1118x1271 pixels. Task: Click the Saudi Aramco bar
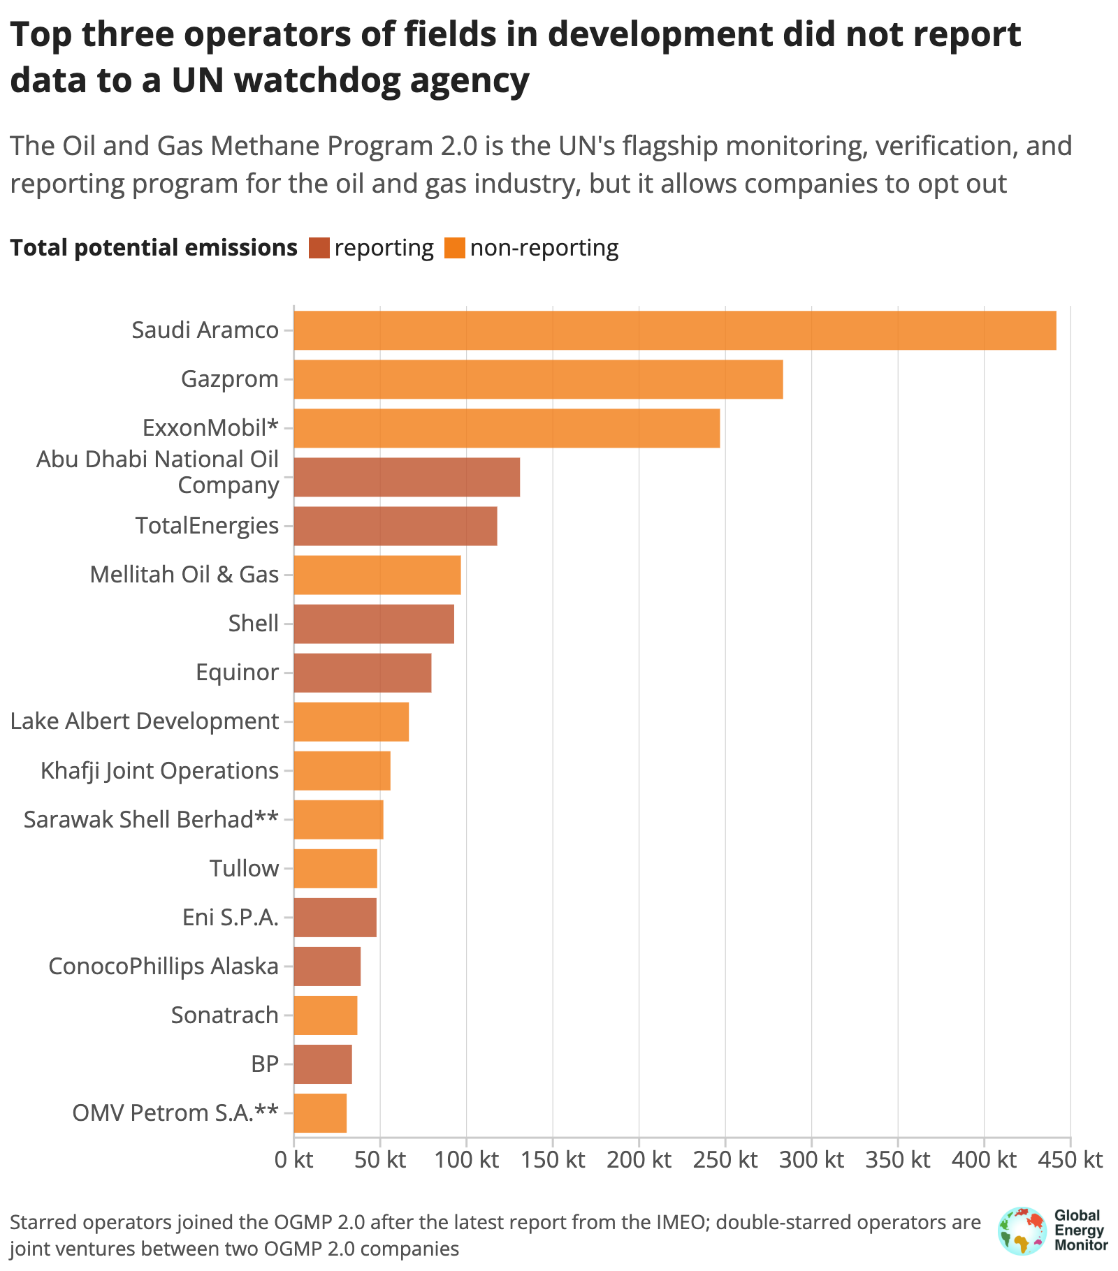tap(675, 330)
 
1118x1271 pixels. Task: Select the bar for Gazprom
tap(538, 379)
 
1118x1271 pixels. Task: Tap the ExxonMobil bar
tap(507, 428)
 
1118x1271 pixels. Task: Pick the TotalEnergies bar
tap(395, 526)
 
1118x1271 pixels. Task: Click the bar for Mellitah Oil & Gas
tap(377, 575)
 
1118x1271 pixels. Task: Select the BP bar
tap(323, 1064)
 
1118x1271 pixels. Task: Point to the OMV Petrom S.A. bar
tap(320, 1112)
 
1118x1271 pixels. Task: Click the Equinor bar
tap(363, 673)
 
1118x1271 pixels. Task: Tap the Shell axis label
tap(254, 623)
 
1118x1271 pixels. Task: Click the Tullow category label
tap(245, 868)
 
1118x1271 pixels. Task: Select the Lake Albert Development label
tap(145, 721)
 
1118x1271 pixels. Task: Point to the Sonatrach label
tap(225, 1015)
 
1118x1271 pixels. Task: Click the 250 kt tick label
tap(725, 1160)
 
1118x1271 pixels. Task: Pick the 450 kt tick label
tap(1070, 1160)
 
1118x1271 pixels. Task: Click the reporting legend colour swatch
tap(319, 248)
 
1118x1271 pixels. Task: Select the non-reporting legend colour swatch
tap(454, 248)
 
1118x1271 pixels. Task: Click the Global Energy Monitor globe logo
tap(1022, 1230)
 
